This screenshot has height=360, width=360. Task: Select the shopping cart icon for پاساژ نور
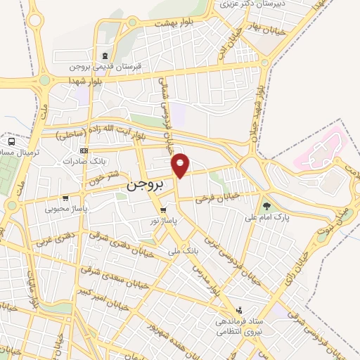[163, 210]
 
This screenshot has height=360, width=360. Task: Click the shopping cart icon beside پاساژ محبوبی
[65, 198]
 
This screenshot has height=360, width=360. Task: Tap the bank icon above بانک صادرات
[84, 150]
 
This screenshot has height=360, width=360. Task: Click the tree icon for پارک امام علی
[266, 206]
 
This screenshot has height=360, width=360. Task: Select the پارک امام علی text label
[266, 217]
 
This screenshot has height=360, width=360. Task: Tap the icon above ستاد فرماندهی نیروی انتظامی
[240, 309]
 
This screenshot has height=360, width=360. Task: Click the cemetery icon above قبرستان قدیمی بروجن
[105, 56]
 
